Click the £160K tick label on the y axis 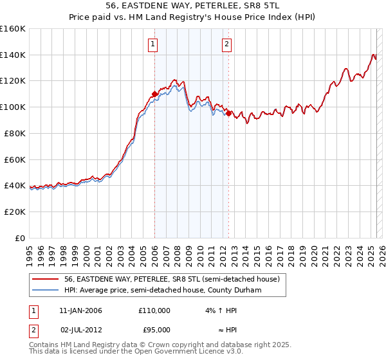tap(13, 29)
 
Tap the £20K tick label tap(14, 212)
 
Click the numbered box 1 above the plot tap(153, 44)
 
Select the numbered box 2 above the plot tap(227, 44)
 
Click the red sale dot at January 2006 tap(154, 94)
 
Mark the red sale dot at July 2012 tap(228, 113)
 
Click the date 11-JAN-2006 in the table tap(80, 310)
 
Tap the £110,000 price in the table tap(154, 310)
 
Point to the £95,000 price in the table tap(154, 329)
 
